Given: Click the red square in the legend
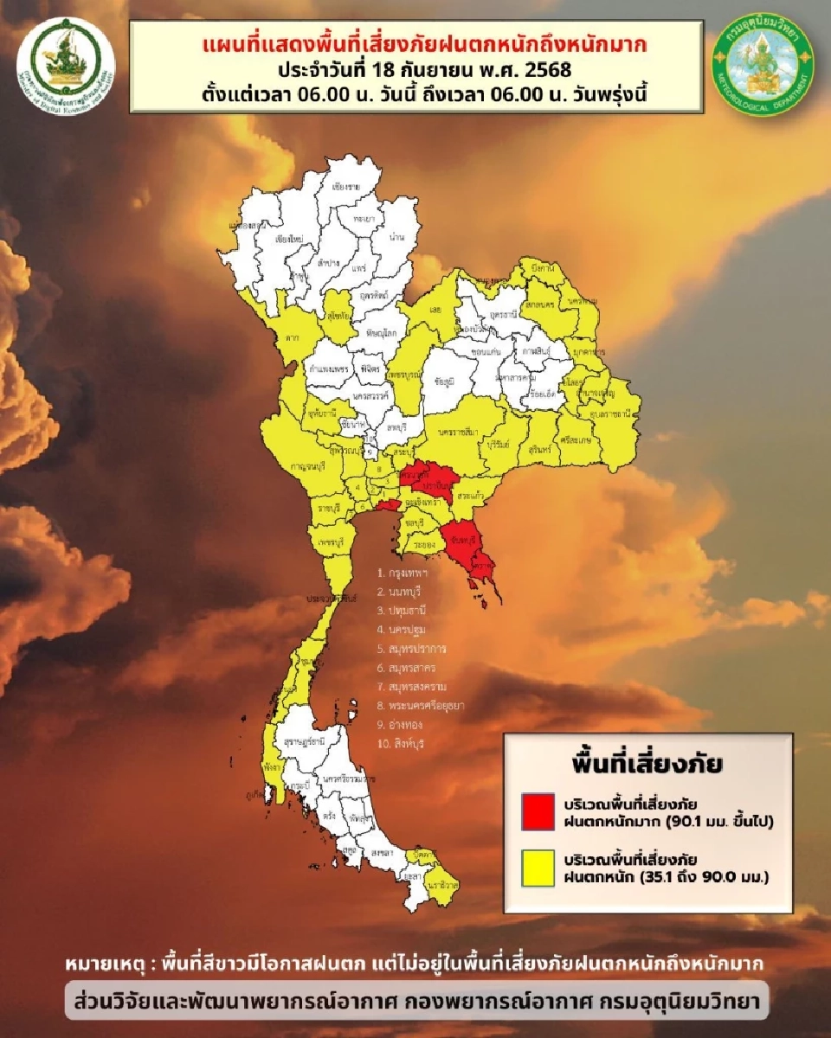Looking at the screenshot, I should tap(538, 810).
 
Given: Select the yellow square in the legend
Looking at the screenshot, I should tap(538, 869).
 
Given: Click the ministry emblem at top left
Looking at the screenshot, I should tap(65, 57).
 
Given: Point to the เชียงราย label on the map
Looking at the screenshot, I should tap(346, 185).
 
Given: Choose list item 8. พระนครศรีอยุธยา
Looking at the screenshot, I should tap(421, 706).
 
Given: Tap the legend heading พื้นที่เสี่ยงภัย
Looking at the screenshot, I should tap(647, 765).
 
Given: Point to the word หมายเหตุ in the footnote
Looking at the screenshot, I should tap(103, 963).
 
